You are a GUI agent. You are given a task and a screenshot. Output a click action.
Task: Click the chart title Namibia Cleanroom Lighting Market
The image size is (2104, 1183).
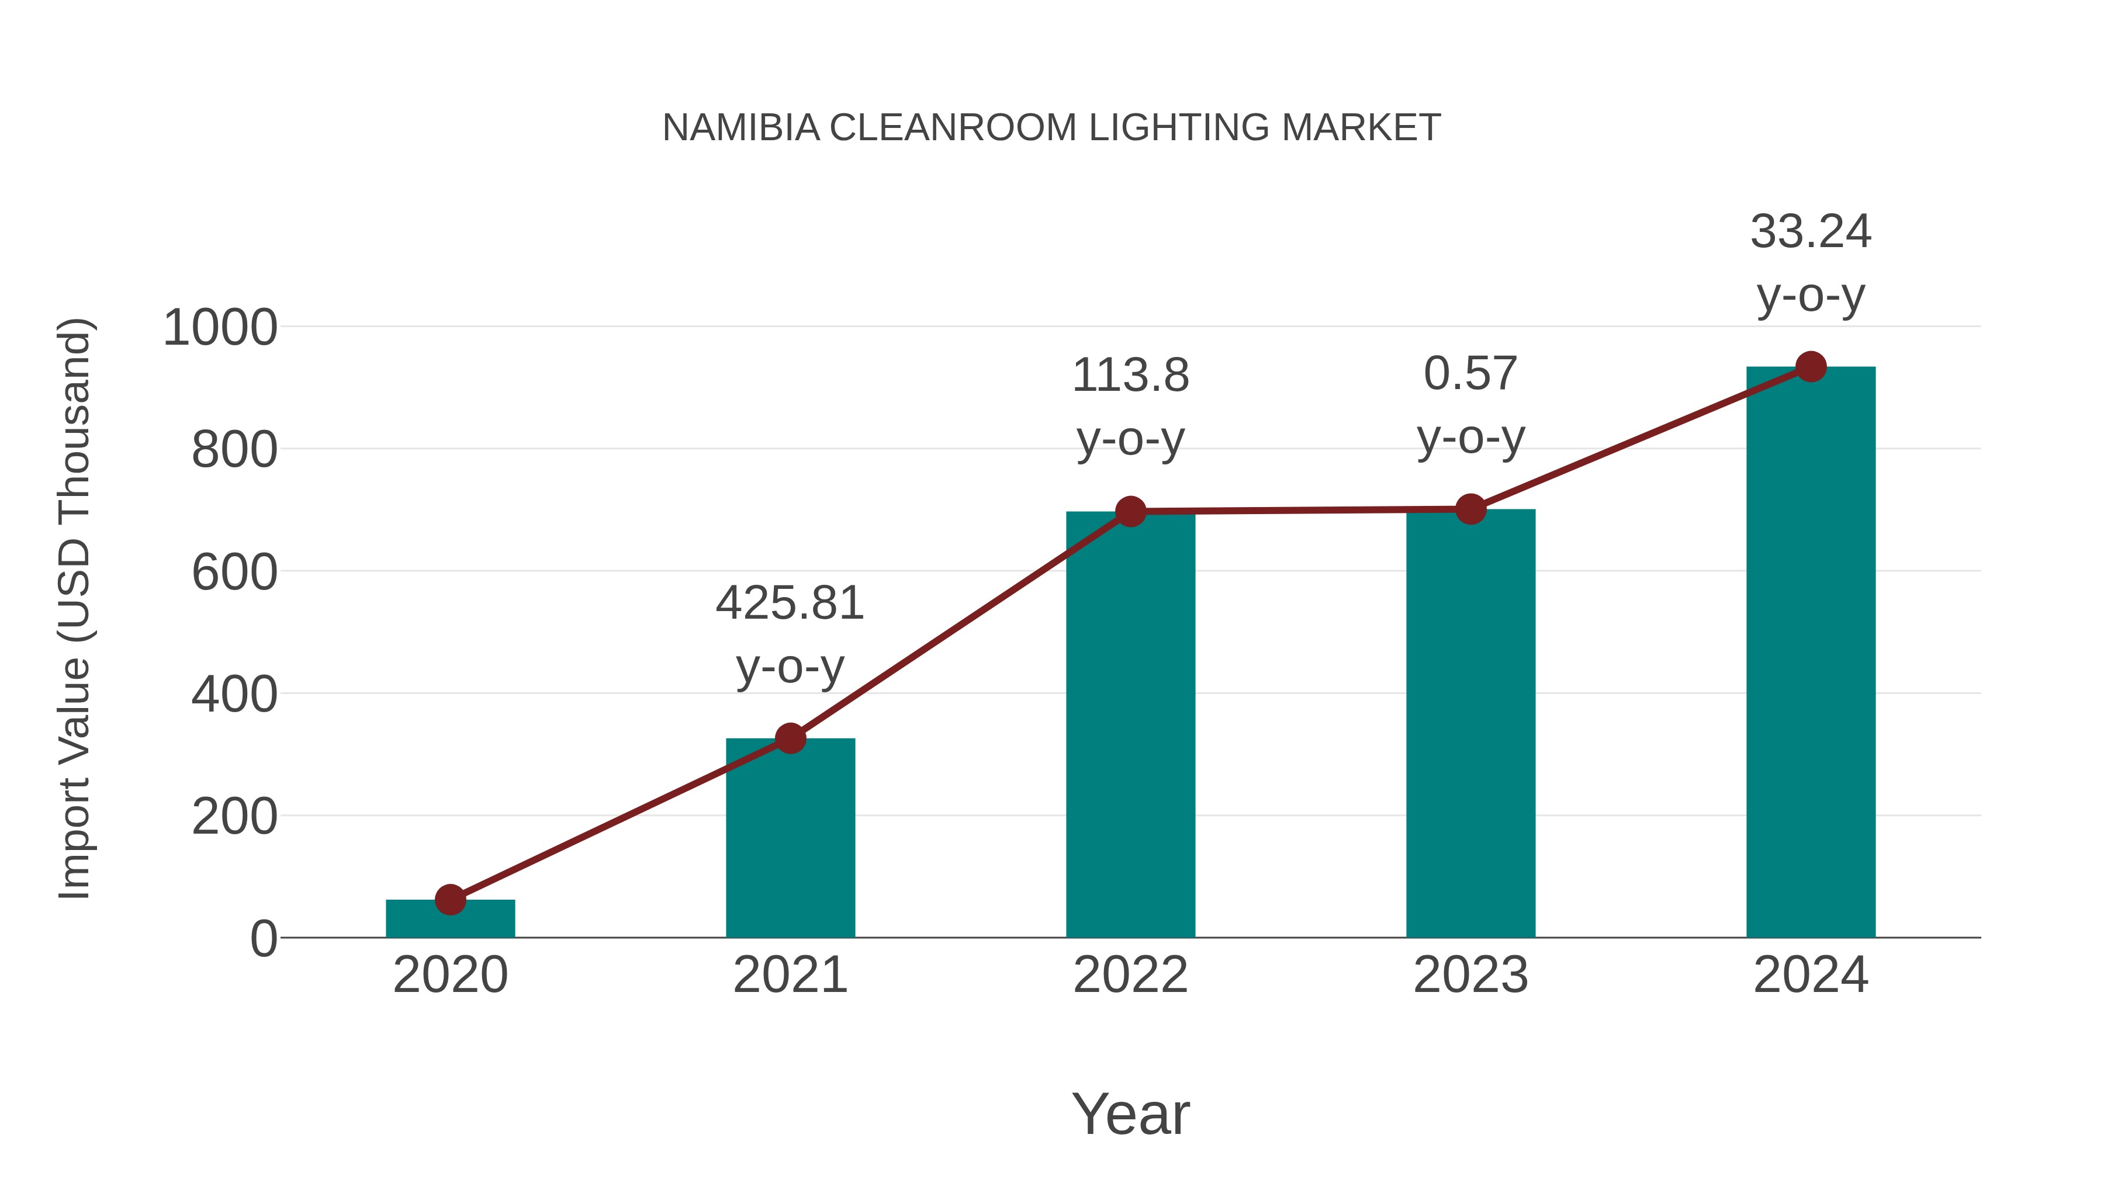(x=1051, y=127)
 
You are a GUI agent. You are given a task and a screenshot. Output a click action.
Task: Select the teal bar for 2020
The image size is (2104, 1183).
(x=450, y=920)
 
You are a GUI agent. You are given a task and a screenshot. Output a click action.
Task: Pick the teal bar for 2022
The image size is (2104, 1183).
(x=1130, y=727)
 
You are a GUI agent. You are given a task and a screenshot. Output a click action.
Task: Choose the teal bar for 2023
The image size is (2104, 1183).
(x=1470, y=727)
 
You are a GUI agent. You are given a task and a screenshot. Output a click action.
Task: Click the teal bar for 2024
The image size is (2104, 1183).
(x=1811, y=653)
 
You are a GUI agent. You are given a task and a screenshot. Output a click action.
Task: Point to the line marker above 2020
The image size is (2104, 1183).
(x=450, y=900)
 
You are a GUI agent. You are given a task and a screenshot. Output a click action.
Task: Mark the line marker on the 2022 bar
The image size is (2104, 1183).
(x=1130, y=512)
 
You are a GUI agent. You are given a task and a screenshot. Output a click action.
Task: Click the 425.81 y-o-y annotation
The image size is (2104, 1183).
(x=790, y=634)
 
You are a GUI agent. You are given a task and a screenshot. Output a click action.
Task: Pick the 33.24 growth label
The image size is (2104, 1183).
(x=1811, y=263)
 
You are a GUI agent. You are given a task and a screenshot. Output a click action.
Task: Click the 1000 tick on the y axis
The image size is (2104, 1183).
(x=220, y=328)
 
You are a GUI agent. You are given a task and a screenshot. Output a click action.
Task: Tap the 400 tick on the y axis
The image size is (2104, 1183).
(x=234, y=695)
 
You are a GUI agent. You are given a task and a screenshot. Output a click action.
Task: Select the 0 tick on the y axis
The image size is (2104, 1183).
(x=263, y=939)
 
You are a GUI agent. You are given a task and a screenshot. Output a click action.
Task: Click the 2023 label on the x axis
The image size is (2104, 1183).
(x=1470, y=975)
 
